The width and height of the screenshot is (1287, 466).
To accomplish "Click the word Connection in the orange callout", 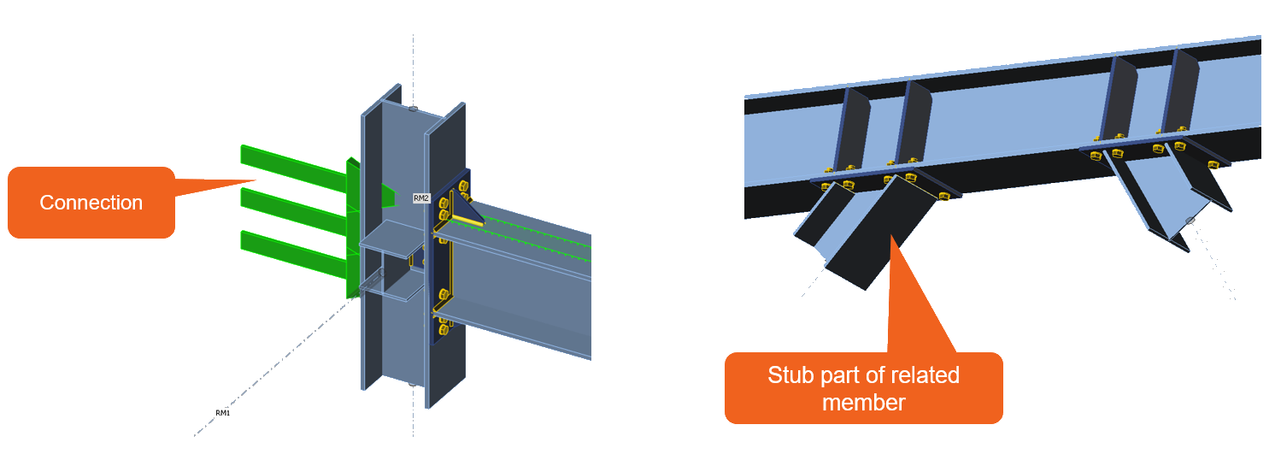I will [91, 203].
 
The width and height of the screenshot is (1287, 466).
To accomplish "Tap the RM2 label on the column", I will [421, 198].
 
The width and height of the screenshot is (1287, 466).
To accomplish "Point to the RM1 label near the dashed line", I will [222, 413].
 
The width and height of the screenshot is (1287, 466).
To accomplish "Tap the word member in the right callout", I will [863, 401].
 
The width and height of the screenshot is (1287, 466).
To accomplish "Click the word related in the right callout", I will [926, 375].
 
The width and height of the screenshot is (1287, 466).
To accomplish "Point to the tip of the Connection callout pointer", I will [256, 180].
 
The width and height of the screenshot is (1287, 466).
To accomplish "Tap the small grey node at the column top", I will [414, 109].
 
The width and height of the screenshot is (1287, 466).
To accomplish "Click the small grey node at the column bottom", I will [413, 383].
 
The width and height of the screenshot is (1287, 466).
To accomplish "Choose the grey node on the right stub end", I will [1190, 221].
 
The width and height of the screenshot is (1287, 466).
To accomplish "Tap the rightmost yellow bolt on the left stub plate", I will [944, 196].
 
